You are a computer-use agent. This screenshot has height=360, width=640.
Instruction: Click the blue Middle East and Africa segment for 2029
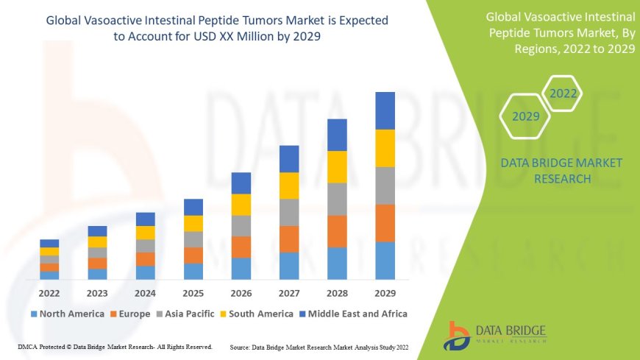(385, 110)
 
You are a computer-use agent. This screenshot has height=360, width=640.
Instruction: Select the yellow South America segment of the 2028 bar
(337, 166)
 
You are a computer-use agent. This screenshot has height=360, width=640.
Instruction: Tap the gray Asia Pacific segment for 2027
(289, 212)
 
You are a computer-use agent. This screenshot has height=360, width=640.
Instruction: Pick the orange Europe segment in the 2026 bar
(241, 247)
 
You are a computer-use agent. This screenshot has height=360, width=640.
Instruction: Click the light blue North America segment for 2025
(193, 271)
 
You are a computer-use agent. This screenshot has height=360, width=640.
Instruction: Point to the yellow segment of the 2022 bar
(49, 251)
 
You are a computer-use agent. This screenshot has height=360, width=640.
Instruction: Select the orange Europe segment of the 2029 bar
(385, 222)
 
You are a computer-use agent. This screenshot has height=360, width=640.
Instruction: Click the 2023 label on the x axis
(97, 292)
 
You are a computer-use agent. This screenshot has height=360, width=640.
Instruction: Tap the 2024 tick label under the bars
(145, 292)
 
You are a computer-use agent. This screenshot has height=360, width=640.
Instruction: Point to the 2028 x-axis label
(337, 292)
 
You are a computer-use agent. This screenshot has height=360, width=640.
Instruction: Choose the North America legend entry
(68, 314)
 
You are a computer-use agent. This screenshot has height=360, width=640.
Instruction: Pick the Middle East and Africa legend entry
(352, 314)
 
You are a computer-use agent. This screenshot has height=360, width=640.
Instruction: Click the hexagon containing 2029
(526, 116)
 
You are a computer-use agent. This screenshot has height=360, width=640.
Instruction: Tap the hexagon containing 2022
(563, 93)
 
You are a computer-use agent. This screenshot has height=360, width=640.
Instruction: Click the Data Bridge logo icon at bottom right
(458, 335)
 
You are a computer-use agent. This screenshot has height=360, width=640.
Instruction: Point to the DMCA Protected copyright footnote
(115, 346)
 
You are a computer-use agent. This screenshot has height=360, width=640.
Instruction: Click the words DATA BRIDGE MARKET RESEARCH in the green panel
(561, 170)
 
